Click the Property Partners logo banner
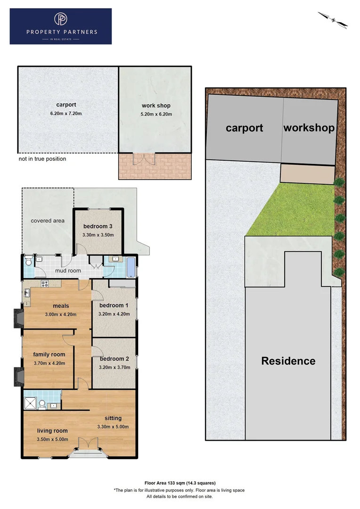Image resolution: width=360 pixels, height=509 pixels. (x=60, y=26)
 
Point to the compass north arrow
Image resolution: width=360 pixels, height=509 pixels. (x=333, y=19)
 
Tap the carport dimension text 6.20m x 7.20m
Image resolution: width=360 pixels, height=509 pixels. (x=66, y=114)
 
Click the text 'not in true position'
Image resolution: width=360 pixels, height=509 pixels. (x=42, y=159)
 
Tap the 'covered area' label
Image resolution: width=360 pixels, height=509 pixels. (x=48, y=221)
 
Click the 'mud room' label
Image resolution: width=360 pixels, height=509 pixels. (x=68, y=271)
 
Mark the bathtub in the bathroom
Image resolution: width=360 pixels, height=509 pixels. (x=131, y=267)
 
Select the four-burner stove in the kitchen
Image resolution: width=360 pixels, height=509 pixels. (x=46, y=284)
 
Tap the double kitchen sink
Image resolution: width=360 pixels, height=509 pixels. (x=27, y=294)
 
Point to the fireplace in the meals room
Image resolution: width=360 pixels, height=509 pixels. (x=18, y=318)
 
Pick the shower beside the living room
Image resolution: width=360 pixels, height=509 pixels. (x=32, y=401)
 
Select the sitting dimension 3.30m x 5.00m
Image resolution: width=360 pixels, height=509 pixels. (x=113, y=427)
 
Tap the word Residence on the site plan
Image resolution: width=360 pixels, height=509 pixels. (x=288, y=361)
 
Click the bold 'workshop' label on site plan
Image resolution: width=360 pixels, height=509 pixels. (x=309, y=128)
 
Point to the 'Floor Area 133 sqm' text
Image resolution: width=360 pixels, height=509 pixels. (x=179, y=483)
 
